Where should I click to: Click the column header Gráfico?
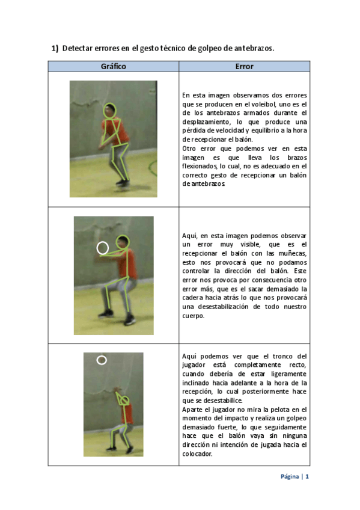[x=113, y=66]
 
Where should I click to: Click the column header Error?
[x=245, y=66]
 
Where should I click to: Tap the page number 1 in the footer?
[x=307, y=476]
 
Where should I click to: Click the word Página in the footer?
[x=290, y=477]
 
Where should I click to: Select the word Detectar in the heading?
[x=78, y=48]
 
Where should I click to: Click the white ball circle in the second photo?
[x=103, y=248]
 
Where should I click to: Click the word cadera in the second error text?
[x=192, y=298]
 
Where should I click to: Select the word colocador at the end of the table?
[x=197, y=453]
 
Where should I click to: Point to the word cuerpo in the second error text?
[x=193, y=316]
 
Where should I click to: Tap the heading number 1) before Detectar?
[x=55, y=49]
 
